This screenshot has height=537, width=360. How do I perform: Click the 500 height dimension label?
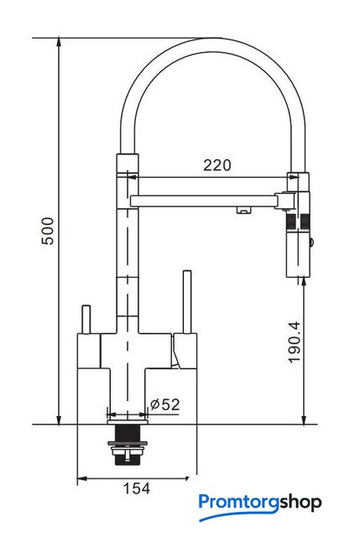click(48, 231)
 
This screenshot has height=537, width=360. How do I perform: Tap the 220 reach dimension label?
click(217, 165)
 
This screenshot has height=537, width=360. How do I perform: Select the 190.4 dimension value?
click(295, 341)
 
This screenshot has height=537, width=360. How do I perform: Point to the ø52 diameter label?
click(164, 404)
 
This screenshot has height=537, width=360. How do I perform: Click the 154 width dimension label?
click(136, 488)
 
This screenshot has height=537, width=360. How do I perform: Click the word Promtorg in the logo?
click(239, 503)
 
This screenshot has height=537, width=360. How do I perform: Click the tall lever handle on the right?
click(186, 301)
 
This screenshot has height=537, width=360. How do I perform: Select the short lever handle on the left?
click(86, 319)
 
